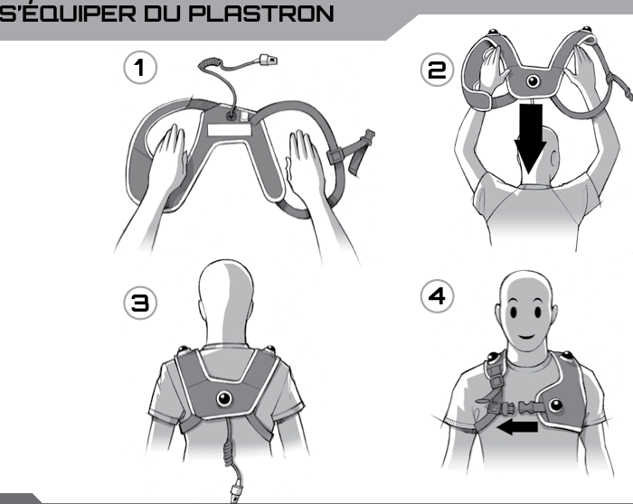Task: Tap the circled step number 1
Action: tap(141, 68)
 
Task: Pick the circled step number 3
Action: tap(141, 303)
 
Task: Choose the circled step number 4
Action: tap(437, 296)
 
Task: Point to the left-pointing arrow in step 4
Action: tap(517, 425)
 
